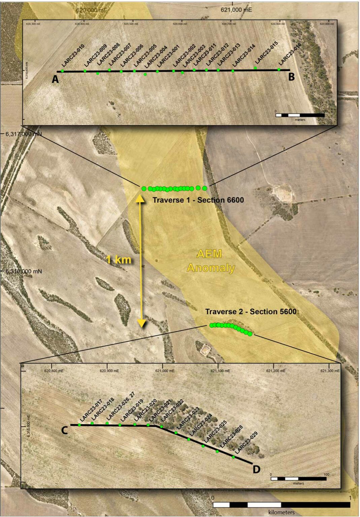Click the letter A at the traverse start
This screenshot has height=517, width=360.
tap(55, 79)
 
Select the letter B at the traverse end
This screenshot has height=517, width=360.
tap(291, 77)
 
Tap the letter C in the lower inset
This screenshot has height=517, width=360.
tap(65, 430)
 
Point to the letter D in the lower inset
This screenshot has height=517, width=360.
tap(256, 469)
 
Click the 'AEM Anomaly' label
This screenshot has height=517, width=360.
tap(210, 261)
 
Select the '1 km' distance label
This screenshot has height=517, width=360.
tap(119, 260)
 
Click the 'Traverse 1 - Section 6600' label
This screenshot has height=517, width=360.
tap(198, 200)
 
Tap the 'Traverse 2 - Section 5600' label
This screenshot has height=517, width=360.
tap(251, 312)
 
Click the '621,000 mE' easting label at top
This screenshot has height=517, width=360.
tap(236, 10)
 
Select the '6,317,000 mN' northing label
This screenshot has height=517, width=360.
tap(23, 134)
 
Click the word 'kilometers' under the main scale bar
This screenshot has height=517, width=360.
tap(281, 512)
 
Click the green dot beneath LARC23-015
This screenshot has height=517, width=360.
tap(255, 68)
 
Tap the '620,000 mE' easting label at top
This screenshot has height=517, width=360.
tap(92, 10)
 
